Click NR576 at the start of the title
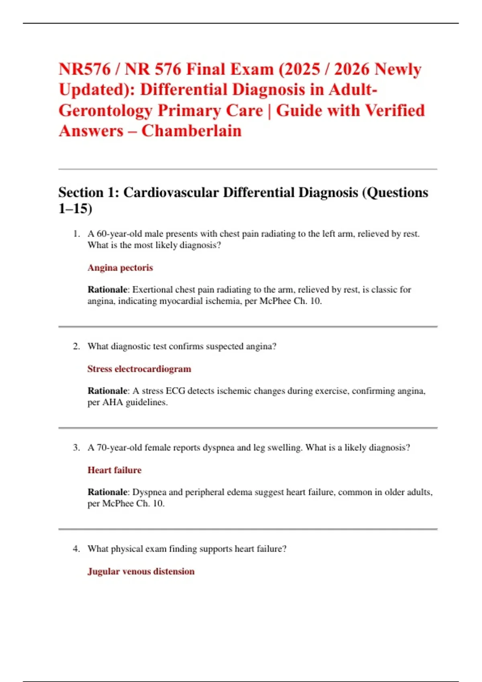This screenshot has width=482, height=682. (84, 69)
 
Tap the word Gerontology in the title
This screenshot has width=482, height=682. (105, 110)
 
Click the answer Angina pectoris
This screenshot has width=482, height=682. (120, 268)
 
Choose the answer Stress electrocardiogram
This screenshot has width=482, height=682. (139, 369)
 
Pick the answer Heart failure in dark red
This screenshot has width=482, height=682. (114, 470)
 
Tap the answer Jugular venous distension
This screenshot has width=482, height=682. (141, 571)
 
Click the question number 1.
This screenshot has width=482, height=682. (76, 234)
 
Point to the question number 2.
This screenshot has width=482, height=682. (76, 346)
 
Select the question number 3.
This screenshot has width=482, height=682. (76, 447)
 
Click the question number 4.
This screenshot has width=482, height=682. (76, 548)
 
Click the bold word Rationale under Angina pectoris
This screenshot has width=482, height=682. (107, 290)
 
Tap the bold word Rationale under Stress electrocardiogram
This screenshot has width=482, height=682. (107, 391)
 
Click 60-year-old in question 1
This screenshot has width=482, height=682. (119, 234)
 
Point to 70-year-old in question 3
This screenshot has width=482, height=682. (119, 447)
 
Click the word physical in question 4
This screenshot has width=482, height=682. (127, 548)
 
